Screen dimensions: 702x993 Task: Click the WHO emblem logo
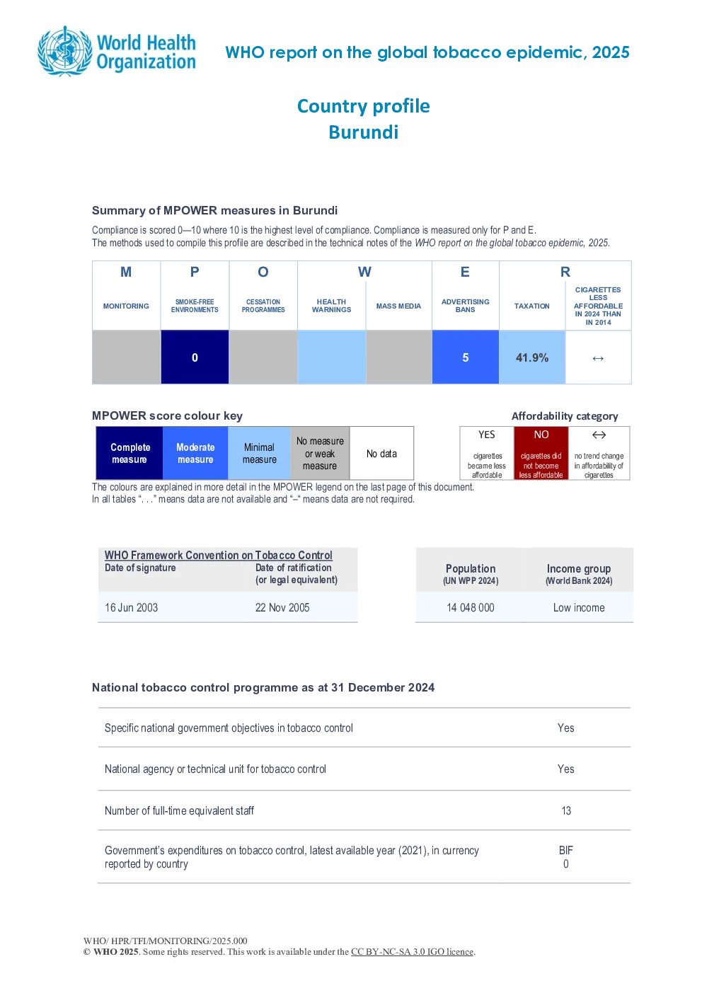pyautogui.click(x=65, y=52)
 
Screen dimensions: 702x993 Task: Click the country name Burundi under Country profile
pyautogui.click(x=364, y=132)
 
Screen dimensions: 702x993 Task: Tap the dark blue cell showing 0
pyautogui.click(x=195, y=357)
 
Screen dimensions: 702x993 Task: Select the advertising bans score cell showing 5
pyautogui.click(x=466, y=357)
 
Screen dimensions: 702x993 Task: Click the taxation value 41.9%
pyautogui.click(x=532, y=357)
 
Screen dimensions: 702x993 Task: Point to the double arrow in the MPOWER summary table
pyautogui.click(x=598, y=358)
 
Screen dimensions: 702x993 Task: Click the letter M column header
pyautogui.click(x=126, y=272)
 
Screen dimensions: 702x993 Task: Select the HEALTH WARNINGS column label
pyautogui.click(x=331, y=306)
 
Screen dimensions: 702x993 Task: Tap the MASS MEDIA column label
pyautogui.click(x=398, y=306)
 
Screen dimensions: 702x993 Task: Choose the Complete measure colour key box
pyautogui.click(x=130, y=453)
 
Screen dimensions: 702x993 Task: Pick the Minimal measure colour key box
pyautogui.click(x=259, y=453)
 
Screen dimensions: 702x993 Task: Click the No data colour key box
pyautogui.click(x=381, y=453)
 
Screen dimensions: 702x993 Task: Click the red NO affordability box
pyautogui.click(x=541, y=453)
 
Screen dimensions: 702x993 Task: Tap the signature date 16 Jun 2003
pyautogui.click(x=131, y=607)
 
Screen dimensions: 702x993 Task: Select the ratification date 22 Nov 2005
pyautogui.click(x=282, y=607)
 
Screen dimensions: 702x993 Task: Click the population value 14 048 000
pyautogui.click(x=470, y=607)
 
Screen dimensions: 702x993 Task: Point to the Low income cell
pyautogui.click(x=579, y=607)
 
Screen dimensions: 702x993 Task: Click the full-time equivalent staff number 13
pyautogui.click(x=566, y=811)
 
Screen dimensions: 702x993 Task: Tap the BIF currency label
pyautogui.click(x=566, y=850)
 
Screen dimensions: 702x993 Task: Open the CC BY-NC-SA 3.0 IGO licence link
pyautogui.click(x=412, y=951)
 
